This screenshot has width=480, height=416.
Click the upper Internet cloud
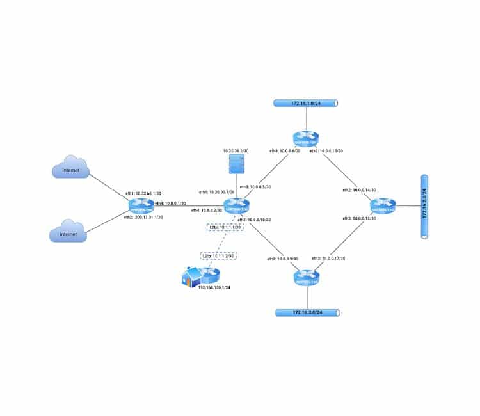coord(71,169)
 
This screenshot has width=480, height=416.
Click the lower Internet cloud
coord(70,233)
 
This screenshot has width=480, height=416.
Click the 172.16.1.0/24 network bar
coord(306,103)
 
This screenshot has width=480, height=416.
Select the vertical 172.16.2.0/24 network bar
coord(424,207)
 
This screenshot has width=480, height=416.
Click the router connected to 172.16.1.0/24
coord(306,140)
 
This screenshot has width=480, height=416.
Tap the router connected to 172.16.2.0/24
coord(383,206)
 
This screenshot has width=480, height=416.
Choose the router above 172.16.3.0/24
coord(305,278)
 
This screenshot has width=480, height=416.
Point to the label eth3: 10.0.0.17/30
coord(328,258)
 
